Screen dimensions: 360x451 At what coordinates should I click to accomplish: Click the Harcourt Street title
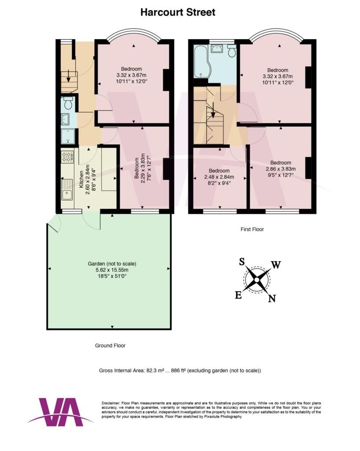point(178,12)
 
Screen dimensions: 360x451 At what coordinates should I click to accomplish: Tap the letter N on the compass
point(272,299)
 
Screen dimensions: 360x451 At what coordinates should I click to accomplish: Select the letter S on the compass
point(242,262)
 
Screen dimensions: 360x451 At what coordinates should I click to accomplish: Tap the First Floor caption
point(252,229)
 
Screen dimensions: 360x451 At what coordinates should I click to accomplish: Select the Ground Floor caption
point(110,345)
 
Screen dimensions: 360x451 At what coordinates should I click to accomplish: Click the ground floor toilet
point(68,103)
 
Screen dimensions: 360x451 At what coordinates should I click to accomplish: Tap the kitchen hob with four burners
point(66,157)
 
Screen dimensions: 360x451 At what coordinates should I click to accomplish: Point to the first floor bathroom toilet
point(231,50)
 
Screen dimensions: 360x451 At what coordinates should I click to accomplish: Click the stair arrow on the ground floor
point(68,76)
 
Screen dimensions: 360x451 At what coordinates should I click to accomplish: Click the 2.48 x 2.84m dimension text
point(219,177)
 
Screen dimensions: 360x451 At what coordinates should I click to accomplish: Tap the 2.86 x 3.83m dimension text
point(281,169)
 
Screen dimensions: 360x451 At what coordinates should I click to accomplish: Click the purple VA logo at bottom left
point(61,412)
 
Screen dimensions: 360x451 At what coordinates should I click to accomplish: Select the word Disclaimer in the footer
point(111,403)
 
